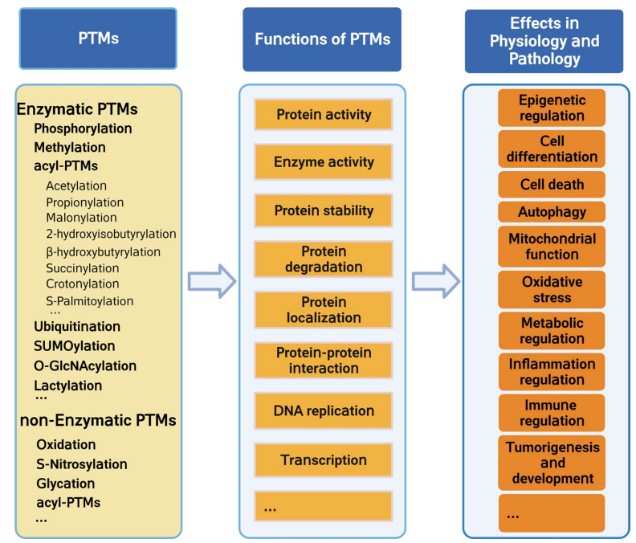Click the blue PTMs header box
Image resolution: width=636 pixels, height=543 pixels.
coord(99,39)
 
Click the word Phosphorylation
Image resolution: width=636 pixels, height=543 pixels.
coord(83,129)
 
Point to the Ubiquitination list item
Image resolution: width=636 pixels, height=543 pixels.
coord(77,327)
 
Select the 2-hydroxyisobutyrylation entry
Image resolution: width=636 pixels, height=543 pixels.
coord(111,234)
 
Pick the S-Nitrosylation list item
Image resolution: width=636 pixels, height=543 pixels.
coord(81,464)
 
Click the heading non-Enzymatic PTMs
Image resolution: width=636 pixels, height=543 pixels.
coord(97,420)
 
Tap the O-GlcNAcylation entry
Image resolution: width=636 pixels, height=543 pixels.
coord(85,365)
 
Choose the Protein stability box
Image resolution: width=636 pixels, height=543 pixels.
coord(324,210)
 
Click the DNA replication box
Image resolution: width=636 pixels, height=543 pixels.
coord(324,410)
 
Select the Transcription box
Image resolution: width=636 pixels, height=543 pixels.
coord(324,460)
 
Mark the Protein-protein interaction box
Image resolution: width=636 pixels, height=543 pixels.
coord(324,361)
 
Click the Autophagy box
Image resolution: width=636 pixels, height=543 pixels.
coord(552,212)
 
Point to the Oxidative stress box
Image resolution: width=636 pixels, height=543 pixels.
coord(552,290)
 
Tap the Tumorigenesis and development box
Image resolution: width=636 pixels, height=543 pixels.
coord(552,462)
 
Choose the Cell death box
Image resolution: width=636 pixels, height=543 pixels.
coord(552,184)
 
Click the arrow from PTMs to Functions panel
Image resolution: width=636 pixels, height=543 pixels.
coord(211,281)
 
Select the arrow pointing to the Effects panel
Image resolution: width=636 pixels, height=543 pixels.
coord(435,281)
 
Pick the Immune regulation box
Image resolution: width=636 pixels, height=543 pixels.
coord(552,413)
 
